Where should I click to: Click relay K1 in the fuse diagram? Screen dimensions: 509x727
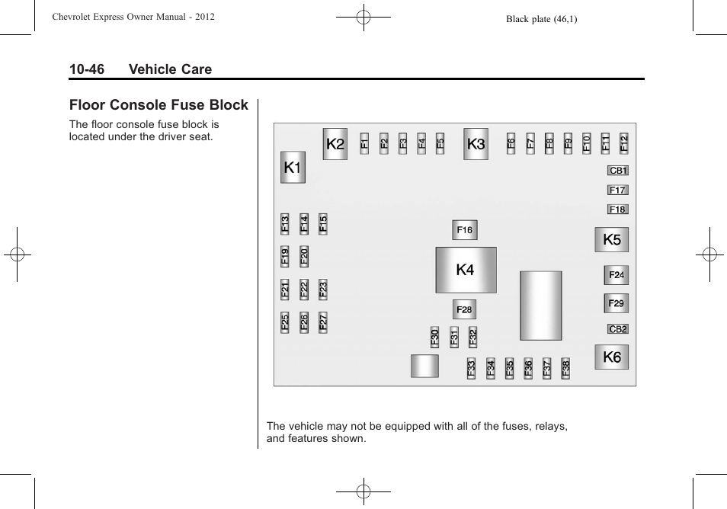point(293,168)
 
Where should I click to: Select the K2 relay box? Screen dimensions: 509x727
point(335,144)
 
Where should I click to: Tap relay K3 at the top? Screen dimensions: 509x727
point(476,144)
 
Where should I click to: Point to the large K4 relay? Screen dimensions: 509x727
point(466,270)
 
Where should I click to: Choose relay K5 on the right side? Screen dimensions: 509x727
point(612,240)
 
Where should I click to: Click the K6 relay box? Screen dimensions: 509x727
point(612,357)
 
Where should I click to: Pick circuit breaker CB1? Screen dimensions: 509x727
point(618,171)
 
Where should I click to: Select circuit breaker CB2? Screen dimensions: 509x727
point(618,329)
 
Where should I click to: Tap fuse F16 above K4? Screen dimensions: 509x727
point(465,229)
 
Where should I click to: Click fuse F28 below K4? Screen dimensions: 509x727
point(465,309)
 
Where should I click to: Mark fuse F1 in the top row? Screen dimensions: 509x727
point(365,142)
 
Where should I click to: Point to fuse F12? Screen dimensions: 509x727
point(624,142)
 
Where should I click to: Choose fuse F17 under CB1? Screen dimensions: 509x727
point(617,190)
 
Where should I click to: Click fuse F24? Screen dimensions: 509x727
point(617,275)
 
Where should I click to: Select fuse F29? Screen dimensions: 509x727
point(617,303)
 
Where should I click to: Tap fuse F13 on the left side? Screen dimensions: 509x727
point(285,223)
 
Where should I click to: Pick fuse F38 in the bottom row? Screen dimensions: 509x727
point(565,369)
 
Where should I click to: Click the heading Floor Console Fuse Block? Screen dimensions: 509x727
point(159,105)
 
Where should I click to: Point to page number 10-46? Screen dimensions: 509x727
point(87,69)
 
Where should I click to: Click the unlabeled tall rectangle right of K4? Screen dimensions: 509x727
point(541,306)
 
